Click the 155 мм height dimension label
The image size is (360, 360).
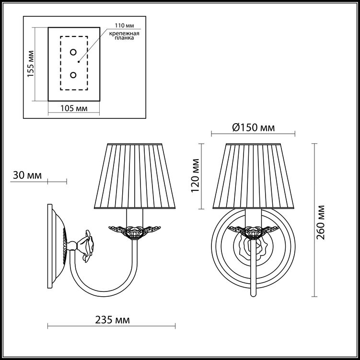point(31,64)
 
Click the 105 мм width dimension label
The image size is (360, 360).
point(74,108)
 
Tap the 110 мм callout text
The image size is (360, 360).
point(125,25)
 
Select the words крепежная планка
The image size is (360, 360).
point(124,35)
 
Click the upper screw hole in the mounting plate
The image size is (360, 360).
point(73,52)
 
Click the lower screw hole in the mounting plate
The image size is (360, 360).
point(73,75)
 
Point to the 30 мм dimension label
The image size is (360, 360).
point(27,175)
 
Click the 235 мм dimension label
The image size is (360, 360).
point(112,320)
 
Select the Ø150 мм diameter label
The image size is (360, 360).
point(254,128)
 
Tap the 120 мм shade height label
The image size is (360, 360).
point(195,175)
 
